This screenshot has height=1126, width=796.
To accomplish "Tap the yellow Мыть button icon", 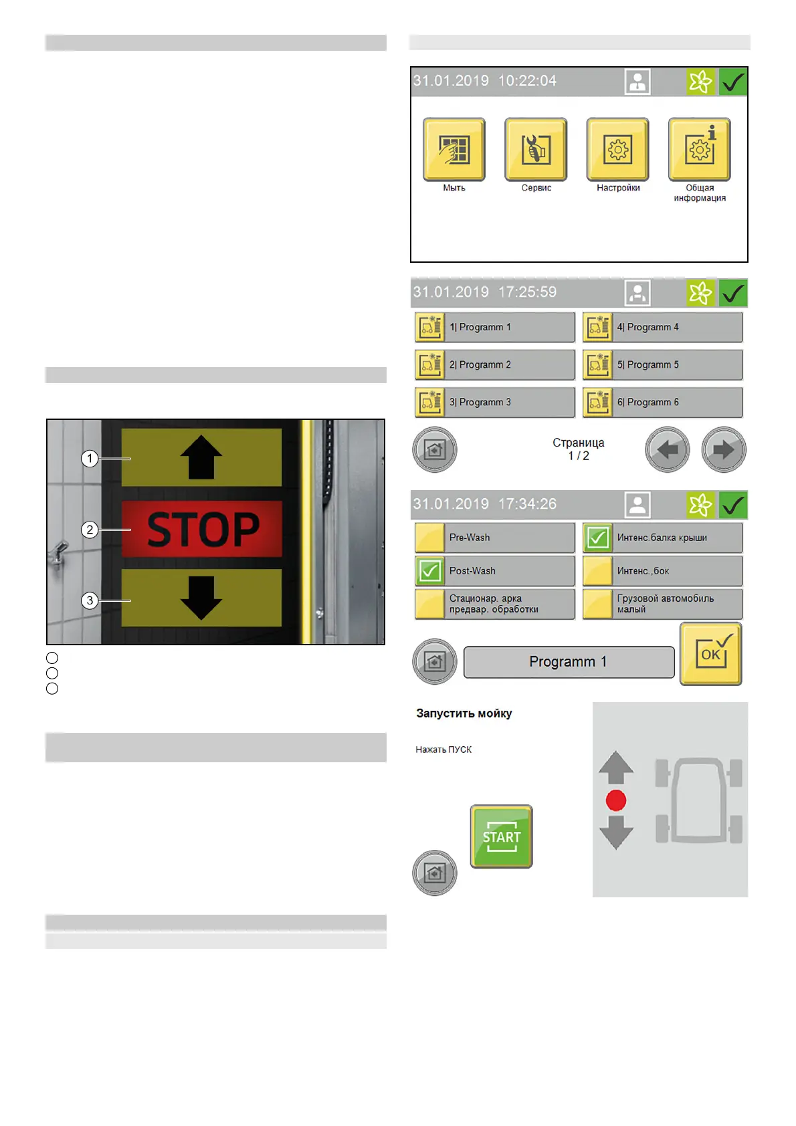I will coord(454,149).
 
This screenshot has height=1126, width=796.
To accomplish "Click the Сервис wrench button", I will coord(536,149).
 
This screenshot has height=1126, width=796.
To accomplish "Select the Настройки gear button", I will coord(618,149).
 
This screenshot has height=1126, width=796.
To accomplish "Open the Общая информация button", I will coord(700,149).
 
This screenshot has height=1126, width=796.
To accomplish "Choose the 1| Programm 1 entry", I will coord(494,327).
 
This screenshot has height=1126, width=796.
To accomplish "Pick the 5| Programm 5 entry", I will coord(662,364).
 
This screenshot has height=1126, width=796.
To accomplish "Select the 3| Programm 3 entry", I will coord(494,402).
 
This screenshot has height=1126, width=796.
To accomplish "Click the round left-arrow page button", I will coord(667,450).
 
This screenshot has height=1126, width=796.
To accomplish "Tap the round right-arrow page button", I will coord(723,450).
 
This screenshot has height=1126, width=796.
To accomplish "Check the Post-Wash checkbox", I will coord(430,571).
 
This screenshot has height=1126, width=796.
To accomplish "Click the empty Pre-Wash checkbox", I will coord(430,537).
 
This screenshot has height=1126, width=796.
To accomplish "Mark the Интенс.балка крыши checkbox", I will coord(597,537).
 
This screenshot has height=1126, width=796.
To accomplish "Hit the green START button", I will coord(501,836).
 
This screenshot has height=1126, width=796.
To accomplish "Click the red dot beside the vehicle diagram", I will coord(615,800).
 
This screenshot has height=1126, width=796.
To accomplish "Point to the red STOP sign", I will coord(202,530).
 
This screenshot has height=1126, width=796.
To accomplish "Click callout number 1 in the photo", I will coord(90,459).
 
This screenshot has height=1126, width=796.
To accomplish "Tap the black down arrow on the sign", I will coord(201,597).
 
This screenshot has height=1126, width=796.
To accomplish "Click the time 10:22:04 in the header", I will coord(527,81).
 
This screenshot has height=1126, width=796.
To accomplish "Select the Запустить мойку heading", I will coord(464,713).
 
